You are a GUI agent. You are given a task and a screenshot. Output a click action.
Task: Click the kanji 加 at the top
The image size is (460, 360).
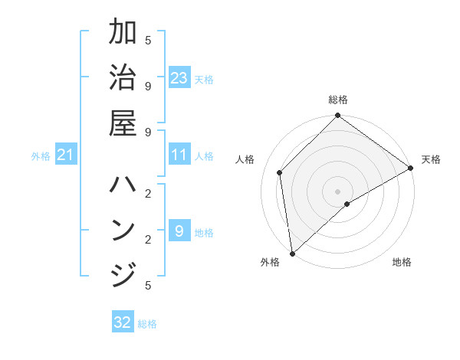123,33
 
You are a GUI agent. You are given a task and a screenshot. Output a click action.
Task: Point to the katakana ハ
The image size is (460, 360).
123,185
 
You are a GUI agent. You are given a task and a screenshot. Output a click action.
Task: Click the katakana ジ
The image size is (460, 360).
123,274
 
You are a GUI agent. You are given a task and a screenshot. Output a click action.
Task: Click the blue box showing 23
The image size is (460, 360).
179,78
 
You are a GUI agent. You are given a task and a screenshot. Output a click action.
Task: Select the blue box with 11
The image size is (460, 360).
179,155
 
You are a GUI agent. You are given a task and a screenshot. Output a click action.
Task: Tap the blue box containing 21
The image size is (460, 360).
66,155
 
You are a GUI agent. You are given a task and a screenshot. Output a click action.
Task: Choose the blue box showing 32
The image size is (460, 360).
123,322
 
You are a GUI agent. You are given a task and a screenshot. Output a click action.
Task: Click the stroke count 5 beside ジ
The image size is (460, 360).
148,285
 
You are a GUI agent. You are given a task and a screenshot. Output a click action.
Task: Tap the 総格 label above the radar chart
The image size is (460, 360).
338,100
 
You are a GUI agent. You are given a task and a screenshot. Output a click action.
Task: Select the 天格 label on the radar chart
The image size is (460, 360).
431,159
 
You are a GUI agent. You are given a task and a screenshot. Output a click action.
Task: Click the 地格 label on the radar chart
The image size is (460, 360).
402,262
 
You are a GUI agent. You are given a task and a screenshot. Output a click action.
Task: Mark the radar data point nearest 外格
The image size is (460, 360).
292,253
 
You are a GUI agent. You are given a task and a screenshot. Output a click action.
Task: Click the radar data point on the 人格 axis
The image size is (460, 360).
280,172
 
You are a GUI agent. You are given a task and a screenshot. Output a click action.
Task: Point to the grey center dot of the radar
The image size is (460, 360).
338,191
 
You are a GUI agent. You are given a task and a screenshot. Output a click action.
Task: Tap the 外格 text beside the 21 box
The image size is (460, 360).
41,156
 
